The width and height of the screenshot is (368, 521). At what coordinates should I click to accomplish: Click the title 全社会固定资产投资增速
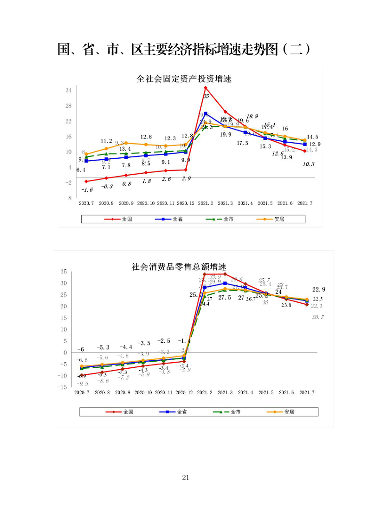(184, 79)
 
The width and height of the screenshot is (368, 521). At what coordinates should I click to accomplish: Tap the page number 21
(186, 477)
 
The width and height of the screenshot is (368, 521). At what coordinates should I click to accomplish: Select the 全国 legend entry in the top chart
(121, 219)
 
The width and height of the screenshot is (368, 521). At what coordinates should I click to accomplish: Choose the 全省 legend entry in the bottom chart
(176, 412)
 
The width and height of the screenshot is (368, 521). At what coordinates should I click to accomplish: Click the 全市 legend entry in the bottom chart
(228, 412)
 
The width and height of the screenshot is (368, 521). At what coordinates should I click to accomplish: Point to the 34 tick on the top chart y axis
(68, 91)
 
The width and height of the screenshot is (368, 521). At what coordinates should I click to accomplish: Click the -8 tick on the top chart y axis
(67, 198)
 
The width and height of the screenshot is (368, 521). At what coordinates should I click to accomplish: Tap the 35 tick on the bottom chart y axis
(64, 272)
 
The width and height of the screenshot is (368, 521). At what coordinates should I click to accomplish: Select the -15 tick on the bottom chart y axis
(63, 386)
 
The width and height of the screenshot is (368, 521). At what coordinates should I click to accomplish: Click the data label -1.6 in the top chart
(87, 189)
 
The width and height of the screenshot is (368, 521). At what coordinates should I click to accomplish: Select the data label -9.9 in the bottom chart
(83, 384)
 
